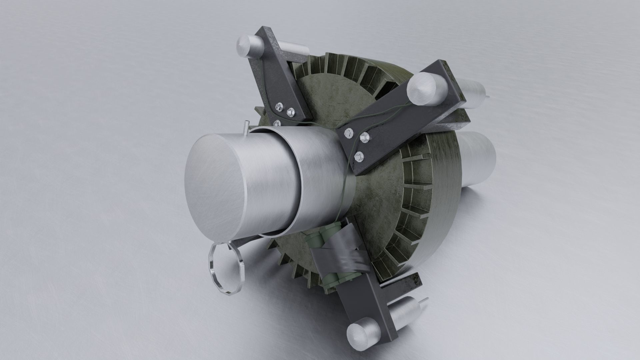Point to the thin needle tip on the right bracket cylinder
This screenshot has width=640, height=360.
pos(487,97)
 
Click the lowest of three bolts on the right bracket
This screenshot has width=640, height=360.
pos(359,155)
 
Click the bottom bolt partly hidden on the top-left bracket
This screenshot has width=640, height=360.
pos(277,123)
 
